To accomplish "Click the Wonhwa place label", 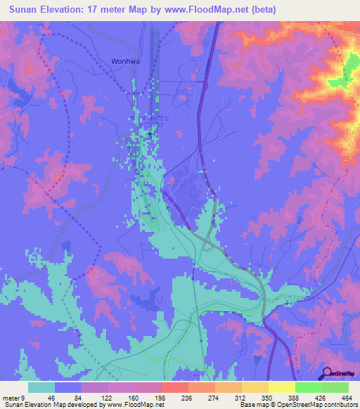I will pyautogui.click(x=126, y=61).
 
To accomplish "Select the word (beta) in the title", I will pyautogui.click(x=261, y=10).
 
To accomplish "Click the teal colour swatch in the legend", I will pyautogui.click(x=41, y=387).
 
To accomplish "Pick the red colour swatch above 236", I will pyautogui.click(x=175, y=387).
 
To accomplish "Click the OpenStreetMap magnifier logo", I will pyautogui.click(x=326, y=373).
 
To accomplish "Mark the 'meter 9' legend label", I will pyautogui.click(x=13, y=396).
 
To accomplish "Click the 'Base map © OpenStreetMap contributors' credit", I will pyautogui.click(x=299, y=405).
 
